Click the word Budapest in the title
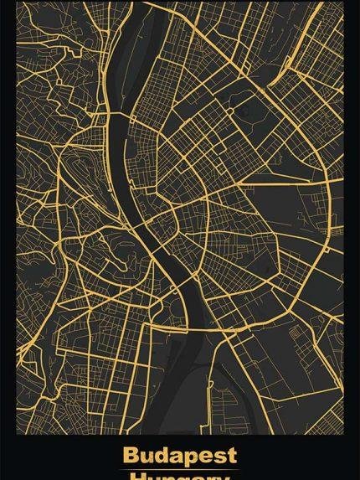[179, 455]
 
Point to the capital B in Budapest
[131, 455]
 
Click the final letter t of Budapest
[231, 455]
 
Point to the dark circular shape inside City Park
[247, 110]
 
